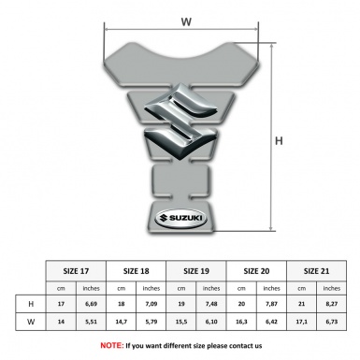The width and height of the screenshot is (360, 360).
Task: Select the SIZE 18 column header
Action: coord(137,269)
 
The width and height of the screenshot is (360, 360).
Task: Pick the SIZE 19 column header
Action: coord(198,269)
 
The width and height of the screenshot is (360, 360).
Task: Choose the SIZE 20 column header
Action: coord(258,269)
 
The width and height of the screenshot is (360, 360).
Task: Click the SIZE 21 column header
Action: coord(318,269)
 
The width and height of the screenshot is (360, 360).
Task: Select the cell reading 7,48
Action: coord(213,304)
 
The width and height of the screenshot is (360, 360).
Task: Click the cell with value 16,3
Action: coord(243,323)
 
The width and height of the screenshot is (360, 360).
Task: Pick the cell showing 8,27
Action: coord(334,304)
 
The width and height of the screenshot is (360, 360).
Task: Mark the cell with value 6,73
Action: coord(334,323)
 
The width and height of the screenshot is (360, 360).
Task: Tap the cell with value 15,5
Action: coord(182,323)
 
